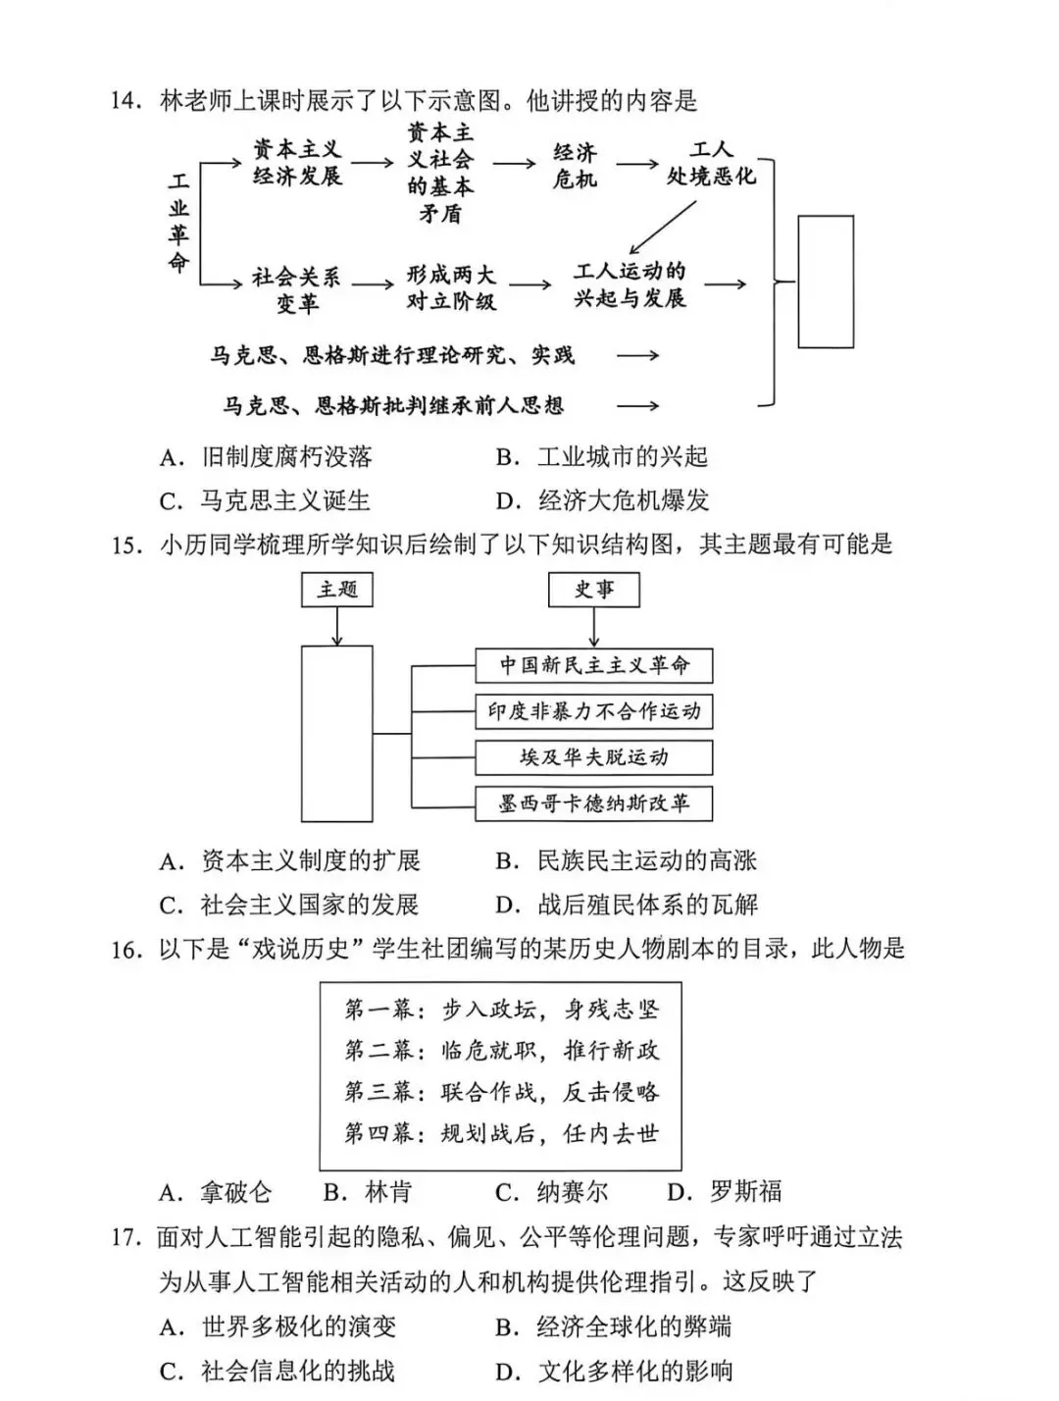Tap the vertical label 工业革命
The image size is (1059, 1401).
[177, 223]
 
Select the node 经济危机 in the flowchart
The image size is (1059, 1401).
[575, 165]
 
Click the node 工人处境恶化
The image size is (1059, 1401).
[711, 164]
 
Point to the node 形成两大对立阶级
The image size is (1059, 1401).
[451, 287]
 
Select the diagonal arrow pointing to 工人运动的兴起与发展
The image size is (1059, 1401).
[663, 227]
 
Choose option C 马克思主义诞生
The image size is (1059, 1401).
[265, 500]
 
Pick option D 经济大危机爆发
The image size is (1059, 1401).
[602, 500]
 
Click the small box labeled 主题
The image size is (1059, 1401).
[337, 589]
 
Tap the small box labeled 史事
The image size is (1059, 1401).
[593, 589]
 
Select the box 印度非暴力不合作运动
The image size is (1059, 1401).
[593, 711]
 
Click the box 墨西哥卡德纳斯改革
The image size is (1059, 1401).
[593, 804]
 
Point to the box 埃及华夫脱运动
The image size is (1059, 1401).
[593, 757]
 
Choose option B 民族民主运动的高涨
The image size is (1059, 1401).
[627, 860]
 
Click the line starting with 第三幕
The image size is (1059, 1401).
[501, 1092]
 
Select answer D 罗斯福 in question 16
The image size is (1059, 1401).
[726, 1192]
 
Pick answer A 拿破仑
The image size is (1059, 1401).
[216, 1192]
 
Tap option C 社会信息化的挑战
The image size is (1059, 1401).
[277, 1371]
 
